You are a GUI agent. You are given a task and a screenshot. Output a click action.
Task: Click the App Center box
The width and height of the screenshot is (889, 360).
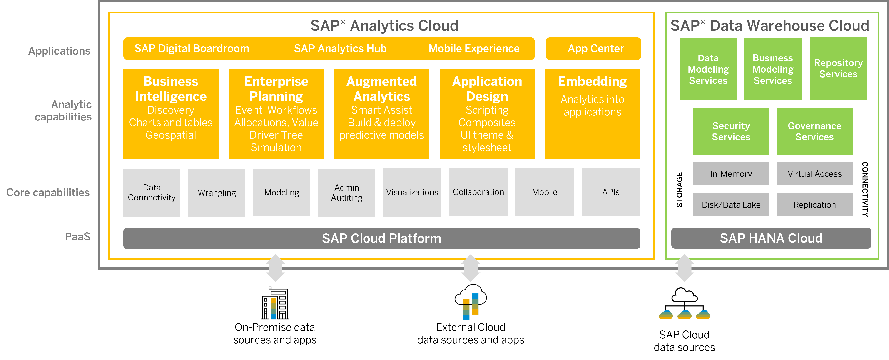click(593, 49)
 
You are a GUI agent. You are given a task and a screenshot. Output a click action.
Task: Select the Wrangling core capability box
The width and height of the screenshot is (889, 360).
click(217, 192)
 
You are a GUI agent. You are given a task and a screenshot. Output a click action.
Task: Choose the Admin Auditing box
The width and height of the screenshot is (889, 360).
click(346, 192)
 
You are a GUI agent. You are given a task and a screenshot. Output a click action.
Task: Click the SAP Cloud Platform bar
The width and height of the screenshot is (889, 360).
click(381, 238)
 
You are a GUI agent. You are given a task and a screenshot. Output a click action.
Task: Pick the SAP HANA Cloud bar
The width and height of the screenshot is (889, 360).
click(771, 238)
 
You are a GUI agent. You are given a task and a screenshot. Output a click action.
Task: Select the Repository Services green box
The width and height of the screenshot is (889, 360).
click(838, 69)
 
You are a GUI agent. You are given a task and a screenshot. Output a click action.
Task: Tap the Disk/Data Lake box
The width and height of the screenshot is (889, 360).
click(731, 205)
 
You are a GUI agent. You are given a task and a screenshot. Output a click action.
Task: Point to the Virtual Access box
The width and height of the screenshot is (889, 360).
click(814, 174)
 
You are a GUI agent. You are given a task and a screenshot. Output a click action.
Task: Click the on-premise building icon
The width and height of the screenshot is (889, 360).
click(275, 303)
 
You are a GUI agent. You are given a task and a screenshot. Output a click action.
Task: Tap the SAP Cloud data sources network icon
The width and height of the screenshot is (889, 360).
click(684, 304)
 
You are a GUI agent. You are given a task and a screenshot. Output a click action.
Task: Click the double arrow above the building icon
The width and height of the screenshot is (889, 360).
click(275, 268)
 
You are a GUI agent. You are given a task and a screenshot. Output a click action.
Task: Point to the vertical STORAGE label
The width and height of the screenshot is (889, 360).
click(679, 190)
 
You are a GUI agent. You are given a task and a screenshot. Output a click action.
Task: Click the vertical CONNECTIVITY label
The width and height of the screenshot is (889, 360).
click(865, 189)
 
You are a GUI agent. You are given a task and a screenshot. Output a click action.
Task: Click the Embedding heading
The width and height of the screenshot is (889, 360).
click(592, 81)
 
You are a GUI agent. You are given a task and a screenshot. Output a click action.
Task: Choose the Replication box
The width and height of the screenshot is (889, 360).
click(814, 205)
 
